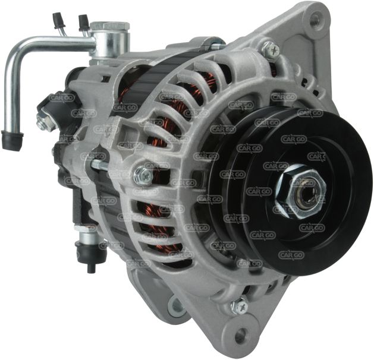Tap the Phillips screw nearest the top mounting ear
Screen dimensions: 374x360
coord(271,50)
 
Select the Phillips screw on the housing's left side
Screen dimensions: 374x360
coord(143,176)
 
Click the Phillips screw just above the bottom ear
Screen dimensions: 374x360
coord(240,307)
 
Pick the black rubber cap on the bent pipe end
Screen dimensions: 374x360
coord(12,139)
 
